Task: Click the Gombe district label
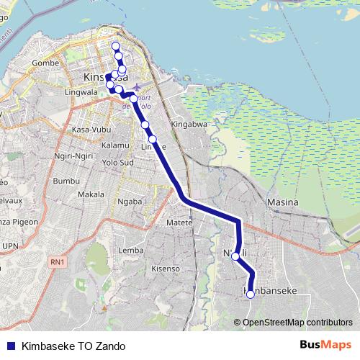[x=45, y=63]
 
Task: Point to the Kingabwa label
[x=188, y=125]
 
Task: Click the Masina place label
[x=282, y=202]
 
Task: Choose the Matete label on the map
[x=179, y=223]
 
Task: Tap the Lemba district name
[x=130, y=250]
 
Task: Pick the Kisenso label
[x=165, y=269]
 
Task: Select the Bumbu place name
[x=65, y=181]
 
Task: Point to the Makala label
[x=91, y=194]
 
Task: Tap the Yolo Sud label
[x=118, y=162]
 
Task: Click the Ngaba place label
[x=130, y=202]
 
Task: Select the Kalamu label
[x=115, y=145]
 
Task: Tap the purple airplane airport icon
[x=138, y=88]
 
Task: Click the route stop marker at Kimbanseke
[x=250, y=294]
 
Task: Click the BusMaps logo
[x=325, y=345]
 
